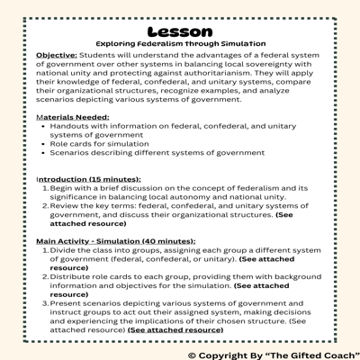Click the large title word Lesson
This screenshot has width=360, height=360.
click(180, 28)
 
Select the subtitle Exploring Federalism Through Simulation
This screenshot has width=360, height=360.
click(180, 43)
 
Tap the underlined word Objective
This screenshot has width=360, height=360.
click(56, 56)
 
